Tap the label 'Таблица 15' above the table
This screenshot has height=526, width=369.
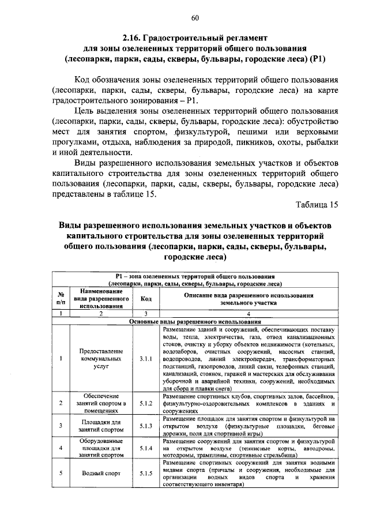317,205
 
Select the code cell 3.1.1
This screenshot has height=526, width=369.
146,358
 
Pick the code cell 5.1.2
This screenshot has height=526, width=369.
146,403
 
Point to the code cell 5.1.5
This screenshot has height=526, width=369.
146,474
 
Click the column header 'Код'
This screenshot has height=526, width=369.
146,299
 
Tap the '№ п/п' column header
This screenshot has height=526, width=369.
61,299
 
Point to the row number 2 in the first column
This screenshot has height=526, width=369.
61,403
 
